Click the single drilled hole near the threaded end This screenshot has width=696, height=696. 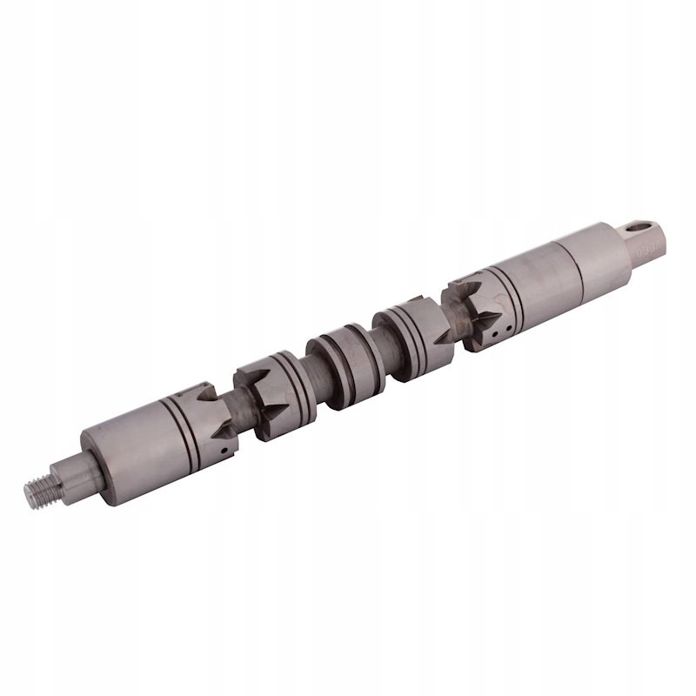click(224, 451)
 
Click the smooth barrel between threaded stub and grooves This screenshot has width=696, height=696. click(130, 452)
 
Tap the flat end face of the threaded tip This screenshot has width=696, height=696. click(29, 494)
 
